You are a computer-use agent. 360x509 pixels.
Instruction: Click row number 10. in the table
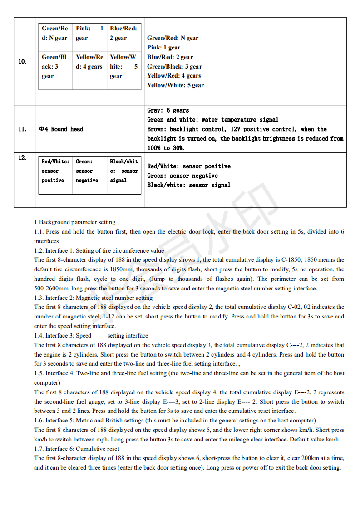pyautogui.click(x=22, y=62)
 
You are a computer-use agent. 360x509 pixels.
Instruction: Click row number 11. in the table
pyautogui.click(x=22, y=129)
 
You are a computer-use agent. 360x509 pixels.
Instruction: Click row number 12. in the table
pyautogui.click(x=22, y=158)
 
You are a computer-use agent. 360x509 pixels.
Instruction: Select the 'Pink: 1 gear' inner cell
pyautogui.click(x=89, y=33)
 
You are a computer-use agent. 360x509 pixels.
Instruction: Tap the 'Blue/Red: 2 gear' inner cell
pyautogui.click(x=123, y=33)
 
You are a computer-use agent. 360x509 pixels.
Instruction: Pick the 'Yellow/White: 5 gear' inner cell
pyautogui.click(x=123, y=67)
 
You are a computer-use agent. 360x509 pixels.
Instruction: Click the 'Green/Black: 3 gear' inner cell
pyautogui.click(x=55, y=67)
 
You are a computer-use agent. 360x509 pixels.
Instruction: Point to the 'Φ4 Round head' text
pyautogui.click(x=61, y=129)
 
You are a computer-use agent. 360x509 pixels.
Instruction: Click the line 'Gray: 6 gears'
pyautogui.click(x=168, y=110)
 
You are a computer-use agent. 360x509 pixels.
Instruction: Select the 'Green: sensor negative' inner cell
pyautogui.click(x=89, y=171)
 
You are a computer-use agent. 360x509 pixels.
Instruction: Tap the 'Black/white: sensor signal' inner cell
pyautogui.click(x=123, y=171)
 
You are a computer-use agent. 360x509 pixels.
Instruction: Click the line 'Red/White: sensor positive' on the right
pyautogui.click(x=189, y=166)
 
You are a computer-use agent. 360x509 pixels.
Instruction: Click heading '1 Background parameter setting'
pyautogui.click(x=75, y=222)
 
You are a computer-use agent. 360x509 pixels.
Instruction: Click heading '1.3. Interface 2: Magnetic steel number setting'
pyautogui.click(x=94, y=298)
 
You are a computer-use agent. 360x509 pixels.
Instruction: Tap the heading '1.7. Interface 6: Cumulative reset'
pyautogui.click(x=77, y=449)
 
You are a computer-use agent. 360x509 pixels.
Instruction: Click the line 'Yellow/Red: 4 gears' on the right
pyautogui.click(x=174, y=76)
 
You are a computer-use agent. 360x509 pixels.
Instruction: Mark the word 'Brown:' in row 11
pyautogui.click(x=157, y=129)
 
